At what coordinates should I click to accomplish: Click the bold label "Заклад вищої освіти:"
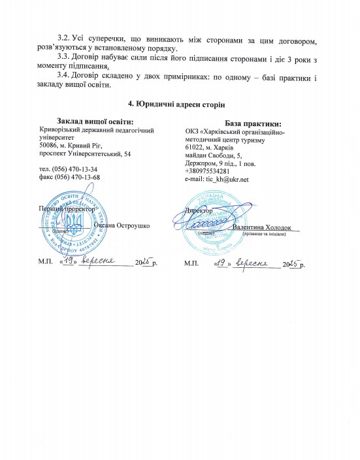(x=95, y=121)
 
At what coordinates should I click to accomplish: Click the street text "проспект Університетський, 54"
(x=85, y=154)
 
